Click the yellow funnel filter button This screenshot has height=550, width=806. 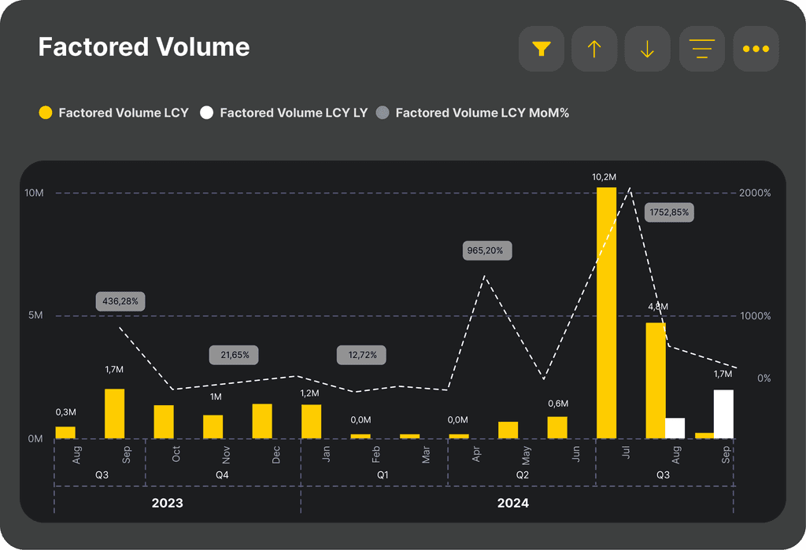[542, 49]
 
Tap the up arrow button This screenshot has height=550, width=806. [594, 49]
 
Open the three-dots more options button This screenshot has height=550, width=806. [756, 49]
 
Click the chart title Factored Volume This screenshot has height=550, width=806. [144, 46]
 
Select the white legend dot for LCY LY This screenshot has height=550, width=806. [207, 113]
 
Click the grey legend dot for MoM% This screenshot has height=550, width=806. [383, 113]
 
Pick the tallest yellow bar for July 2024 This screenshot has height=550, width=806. [607, 313]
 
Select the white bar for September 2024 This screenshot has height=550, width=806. [724, 415]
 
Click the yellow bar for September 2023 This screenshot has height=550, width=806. [115, 414]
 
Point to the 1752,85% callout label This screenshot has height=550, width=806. [669, 212]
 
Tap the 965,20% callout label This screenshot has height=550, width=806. [485, 250]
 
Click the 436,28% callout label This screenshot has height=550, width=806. [120, 301]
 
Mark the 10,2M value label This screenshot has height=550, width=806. [604, 177]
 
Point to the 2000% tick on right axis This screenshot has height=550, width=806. [755, 193]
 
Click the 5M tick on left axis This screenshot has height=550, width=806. [35, 315]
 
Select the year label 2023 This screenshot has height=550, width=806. [167, 503]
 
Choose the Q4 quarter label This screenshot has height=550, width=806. [222, 475]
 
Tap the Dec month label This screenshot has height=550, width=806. [276, 455]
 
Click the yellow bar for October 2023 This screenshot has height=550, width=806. [164, 422]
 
